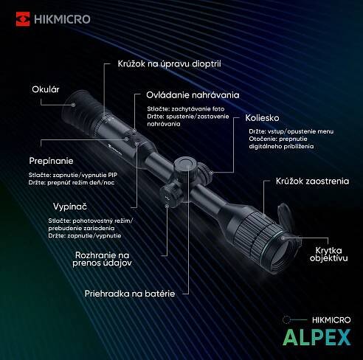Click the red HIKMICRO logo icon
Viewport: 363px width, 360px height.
click(x=23, y=19)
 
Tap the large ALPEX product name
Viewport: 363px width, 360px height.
click(x=317, y=338)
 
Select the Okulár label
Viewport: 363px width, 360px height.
click(x=46, y=89)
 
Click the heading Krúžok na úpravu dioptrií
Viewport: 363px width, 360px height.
click(x=169, y=64)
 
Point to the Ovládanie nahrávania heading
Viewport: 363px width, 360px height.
click(x=193, y=95)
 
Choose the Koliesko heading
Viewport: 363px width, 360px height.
click(x=262, y=118)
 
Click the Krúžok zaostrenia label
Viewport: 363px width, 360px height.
click(x=312, y=181)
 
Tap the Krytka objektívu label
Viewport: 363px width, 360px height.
click(x=328, y=255)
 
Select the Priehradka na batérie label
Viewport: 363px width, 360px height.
click(x=130, y=294)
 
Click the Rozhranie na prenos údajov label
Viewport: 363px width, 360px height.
click(x=102, y=259)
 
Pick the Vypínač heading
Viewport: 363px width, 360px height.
click(x=70, y=207)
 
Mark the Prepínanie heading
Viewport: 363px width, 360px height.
click(x=51, y=161)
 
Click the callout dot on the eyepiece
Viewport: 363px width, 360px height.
click(x=73, y=105)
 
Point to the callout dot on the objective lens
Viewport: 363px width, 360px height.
click(x=283, y=238)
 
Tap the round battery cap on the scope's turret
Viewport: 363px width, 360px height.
click(x=185, y=164)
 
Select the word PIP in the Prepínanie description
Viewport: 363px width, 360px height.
click(x=112, y=175)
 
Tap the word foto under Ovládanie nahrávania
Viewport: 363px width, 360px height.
click(x=218, y=108)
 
